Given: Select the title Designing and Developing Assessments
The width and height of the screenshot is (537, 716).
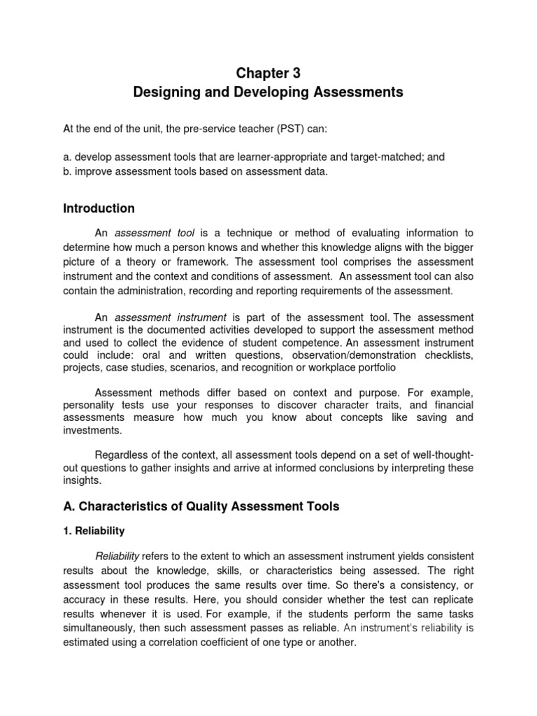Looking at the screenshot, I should (268, 92).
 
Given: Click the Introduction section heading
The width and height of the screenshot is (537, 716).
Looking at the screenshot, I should (99, 208).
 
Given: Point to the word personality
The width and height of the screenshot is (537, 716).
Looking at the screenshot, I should (89, 406).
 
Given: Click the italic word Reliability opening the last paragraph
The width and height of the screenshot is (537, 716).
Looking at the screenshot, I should (117, 556).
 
